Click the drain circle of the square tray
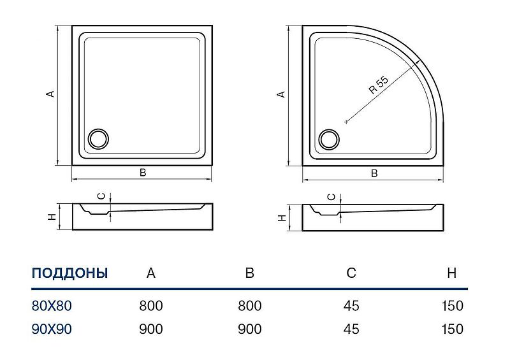coord(99,139)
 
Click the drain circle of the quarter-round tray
coord(329,140)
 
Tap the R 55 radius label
coord(379,85)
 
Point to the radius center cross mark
coord(346,122)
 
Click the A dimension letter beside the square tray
coord(50,94)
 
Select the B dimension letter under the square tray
coord(143,173)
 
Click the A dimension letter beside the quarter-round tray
coord(281,94)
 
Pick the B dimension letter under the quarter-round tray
coord(374,173)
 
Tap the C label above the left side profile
coord(102,196)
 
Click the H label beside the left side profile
coord(52,217)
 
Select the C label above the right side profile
coord(331,197)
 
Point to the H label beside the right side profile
coord(282,217)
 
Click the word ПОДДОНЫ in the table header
coord(69,273)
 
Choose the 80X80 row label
coord(52,306)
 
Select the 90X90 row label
coord(52,329)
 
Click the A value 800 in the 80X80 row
coord(151,306)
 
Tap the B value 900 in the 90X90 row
coord(250,329)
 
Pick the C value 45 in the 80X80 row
coord(351,306)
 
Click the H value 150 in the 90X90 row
coord(452,329)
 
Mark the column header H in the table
coord(452,273)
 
